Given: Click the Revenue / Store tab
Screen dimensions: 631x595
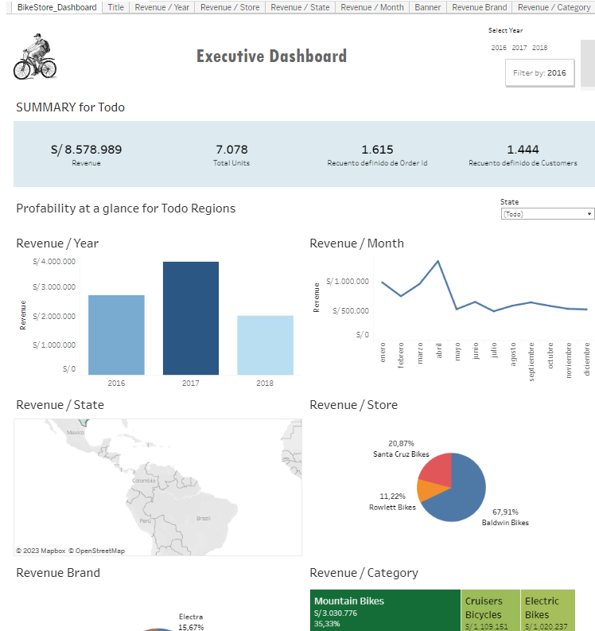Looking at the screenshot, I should coord(229,7).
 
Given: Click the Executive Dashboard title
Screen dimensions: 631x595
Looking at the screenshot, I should coord(271,56).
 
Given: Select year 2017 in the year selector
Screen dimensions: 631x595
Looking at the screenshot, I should coord(519,48).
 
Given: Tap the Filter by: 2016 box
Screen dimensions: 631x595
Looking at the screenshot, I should coord(539,72).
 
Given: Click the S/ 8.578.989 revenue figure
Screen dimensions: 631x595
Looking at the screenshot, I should coord(86,150).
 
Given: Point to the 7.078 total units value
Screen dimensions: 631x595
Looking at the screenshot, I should coord(231,150).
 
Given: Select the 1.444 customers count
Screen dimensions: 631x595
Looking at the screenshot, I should coord(523,150).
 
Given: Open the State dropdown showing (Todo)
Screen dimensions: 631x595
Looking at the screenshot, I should coord(547,214).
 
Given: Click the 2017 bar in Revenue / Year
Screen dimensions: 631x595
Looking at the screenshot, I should coord(191,318).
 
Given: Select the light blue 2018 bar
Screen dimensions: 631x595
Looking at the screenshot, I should coord(265,345).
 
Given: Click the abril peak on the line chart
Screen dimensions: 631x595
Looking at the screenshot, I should coord(437,261).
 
